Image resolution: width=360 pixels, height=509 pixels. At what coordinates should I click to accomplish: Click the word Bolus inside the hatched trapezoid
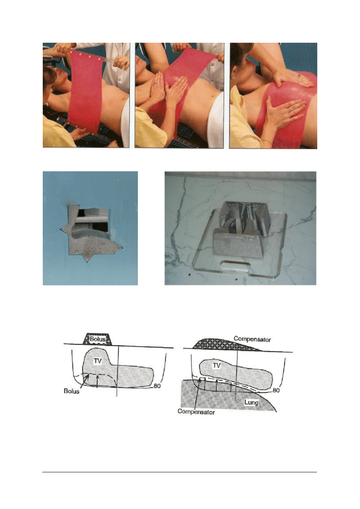(x=98, y=339)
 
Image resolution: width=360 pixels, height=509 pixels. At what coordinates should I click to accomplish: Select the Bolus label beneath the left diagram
(x=71, y=391)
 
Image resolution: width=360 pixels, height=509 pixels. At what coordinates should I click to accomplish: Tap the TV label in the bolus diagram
(x=98, y=361)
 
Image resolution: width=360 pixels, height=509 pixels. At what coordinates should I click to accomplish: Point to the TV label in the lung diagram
(x=216, y=365)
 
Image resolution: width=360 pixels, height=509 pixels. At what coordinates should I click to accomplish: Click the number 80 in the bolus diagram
(x=157, y=386)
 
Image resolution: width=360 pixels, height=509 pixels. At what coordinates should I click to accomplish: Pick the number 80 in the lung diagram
(x=276, y=391)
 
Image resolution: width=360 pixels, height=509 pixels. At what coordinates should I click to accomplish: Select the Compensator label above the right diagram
(x=252, y=339)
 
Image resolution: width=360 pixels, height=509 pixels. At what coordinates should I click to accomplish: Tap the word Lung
(x=252, y=402)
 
